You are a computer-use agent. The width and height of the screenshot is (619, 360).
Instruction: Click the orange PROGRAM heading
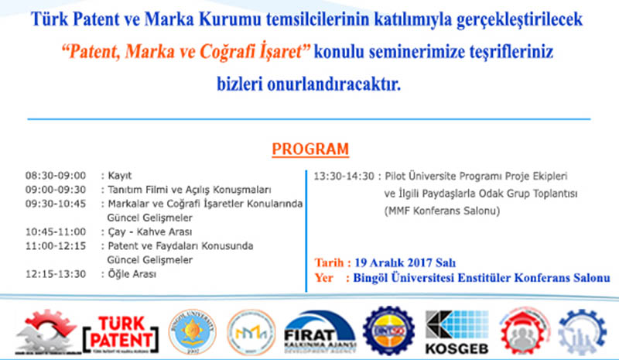pyautogui.click(x=310, y=149)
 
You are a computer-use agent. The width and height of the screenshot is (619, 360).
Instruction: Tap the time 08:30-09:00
pyautogui.click(x=55, y=176)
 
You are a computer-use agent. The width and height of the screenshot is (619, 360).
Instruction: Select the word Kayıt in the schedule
pyautogui.click(x=122, y=176)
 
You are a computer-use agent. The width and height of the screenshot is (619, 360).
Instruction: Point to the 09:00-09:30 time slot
pyautogui.click(x=55, y=190)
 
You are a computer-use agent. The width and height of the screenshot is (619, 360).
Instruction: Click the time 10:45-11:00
pyautogui.click(x=55, y=231)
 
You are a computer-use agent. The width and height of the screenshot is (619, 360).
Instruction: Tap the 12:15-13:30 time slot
pyautogui.click(x=55, y=273)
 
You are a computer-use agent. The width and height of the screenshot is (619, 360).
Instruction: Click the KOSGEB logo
pyautogui.click(x=455, y=331)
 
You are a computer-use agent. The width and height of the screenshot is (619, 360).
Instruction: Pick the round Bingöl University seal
pyautogui.click(x=188, y=331)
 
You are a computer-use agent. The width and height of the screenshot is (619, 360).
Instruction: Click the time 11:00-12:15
pyautogui.click(x=55, y=245)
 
